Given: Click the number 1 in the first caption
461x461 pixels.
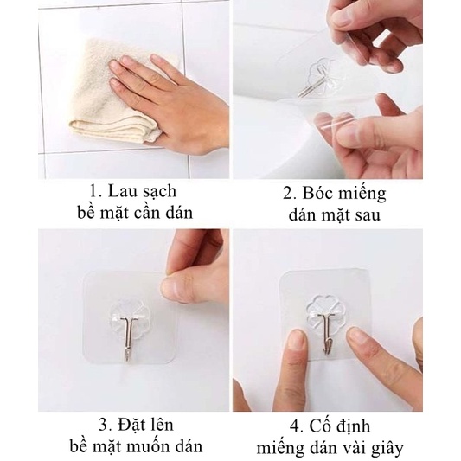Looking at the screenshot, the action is point(94,191).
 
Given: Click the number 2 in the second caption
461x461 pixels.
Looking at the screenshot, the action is point(288,193).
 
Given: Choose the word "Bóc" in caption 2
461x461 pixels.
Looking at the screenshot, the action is point(317,193).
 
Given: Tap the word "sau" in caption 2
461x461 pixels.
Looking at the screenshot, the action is point(368,216).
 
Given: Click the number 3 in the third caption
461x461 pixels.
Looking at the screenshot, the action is point(104,425).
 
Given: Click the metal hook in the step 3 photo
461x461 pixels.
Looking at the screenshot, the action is point(128,338).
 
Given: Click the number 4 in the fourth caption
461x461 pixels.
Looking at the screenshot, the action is point(295,426).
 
